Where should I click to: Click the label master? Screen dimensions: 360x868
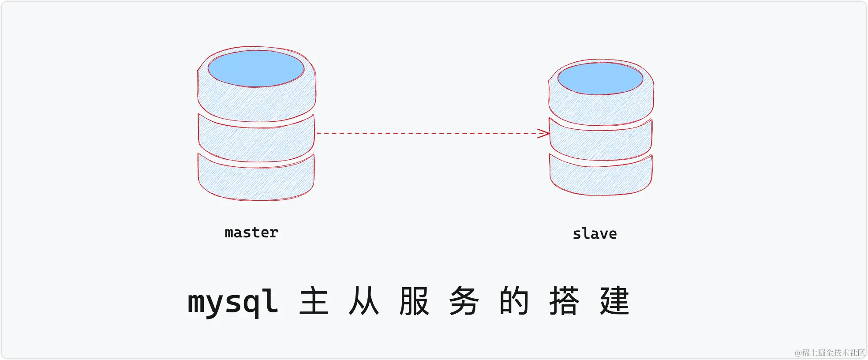point(251,232)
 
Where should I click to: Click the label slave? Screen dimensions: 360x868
point(595,234)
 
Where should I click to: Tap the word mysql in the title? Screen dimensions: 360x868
point(233,303)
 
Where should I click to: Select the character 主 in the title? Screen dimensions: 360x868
point(314,301)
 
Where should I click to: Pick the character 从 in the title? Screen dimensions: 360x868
point(364,301)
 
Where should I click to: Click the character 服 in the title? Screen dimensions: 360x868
point(414,301)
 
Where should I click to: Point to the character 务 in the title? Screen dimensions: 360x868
point(464,301)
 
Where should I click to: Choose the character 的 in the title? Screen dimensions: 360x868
point(514,301)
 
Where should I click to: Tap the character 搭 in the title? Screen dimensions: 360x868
point(564,301)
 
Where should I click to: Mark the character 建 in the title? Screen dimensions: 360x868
point(614,301)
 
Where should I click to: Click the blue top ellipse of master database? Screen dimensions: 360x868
point(256,68)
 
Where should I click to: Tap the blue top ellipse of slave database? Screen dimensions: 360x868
point(600,79)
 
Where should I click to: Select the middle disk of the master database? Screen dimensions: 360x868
point(256,141)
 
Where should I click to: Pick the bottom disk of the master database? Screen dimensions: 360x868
point(256,181)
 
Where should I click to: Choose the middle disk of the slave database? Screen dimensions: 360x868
point(601,142)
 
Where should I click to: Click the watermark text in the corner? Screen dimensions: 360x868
point(829,352)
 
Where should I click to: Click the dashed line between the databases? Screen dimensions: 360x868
point(428,133)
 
